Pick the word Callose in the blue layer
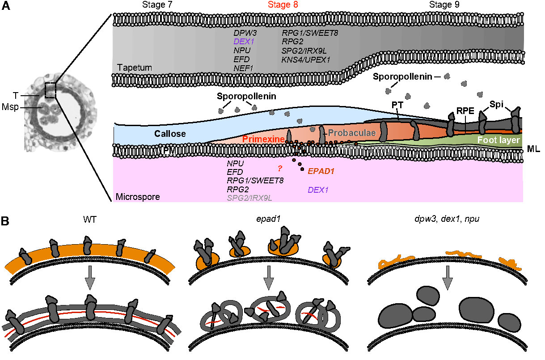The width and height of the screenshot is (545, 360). tap(170, 134)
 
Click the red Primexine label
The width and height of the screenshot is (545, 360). tap(264, 140)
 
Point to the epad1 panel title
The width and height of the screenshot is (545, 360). tap(270, 220)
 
